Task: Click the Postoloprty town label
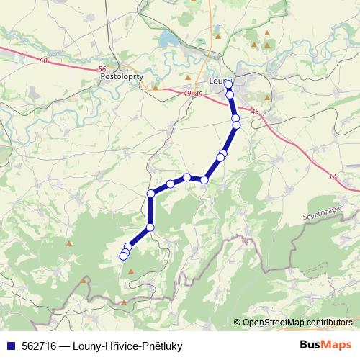coord(125,75)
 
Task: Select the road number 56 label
coord(101,69)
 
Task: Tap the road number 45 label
coord(255,111)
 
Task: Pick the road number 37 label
coord(331,176)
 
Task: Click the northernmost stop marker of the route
coord(229,84)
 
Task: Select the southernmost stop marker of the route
coord(123,256)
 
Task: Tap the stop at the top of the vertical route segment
coord(151,193)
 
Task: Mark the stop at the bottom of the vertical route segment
coord(150,228)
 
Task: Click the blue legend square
coord(10,346)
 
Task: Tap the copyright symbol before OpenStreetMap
coord(238,323)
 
